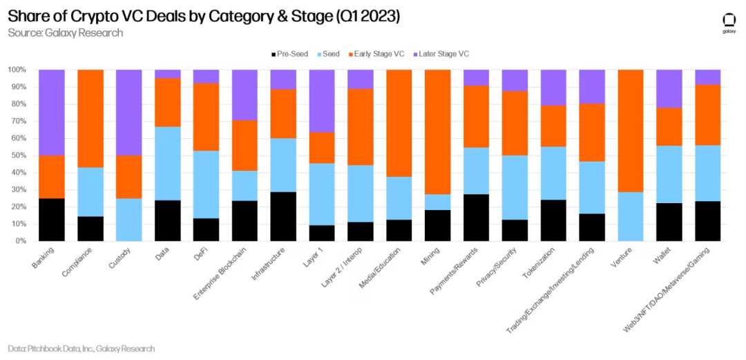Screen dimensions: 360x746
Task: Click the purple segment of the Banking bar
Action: tap(52, 112)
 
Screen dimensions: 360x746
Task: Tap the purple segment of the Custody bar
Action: tap(129, 112)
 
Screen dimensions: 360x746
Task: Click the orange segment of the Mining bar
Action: tap(437, 131)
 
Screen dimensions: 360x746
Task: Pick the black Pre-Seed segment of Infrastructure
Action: tap(283, 216)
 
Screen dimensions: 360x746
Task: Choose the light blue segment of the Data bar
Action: tap(167, 163)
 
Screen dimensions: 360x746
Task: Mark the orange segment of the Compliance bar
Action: tap(90, 118)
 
